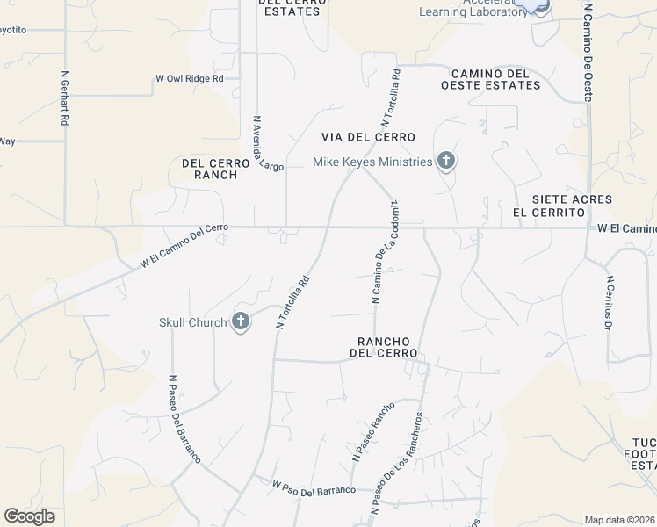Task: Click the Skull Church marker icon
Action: tap(241, 322)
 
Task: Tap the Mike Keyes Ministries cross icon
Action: tap(446, 162)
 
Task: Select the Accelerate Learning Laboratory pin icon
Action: tap(538, 4)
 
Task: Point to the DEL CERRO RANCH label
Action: tap(210, 169)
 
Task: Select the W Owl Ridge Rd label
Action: tap(190, 78)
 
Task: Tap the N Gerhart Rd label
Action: tap(65, 98)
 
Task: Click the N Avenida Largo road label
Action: tap(269, 143)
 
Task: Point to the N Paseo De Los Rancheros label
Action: tap(397, 463)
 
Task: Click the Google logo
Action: tap(29, 516)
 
